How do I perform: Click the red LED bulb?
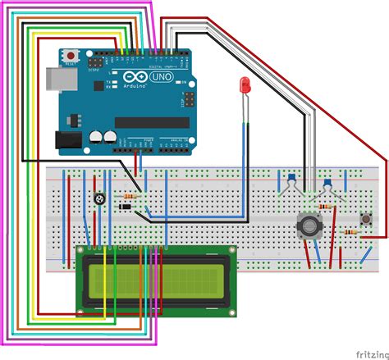[x=244, y=84]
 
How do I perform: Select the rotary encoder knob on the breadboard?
[x=308, y=223]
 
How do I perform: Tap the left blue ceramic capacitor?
[x=291, y=176]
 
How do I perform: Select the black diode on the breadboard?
[x=125, y=207]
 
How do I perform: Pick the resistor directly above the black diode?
[x=128, y=197]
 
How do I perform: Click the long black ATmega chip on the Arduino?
[x=156, y=122]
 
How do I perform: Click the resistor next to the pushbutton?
[x=349, y=233]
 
